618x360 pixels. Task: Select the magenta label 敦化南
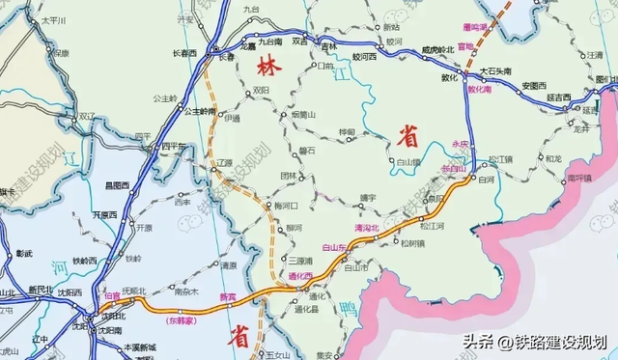(x=481, y=88)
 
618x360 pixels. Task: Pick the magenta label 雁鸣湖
(x=476, y=13)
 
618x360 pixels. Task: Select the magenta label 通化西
(x=303, y=276)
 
